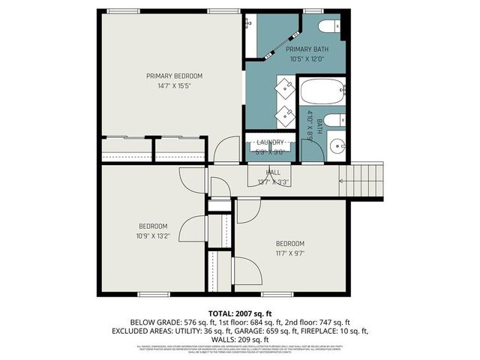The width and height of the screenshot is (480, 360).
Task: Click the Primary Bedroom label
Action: tap(174, 76)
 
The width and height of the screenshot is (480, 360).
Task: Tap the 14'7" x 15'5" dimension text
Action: tap(174, 85)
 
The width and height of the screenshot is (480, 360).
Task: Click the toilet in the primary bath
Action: tap(327, 28)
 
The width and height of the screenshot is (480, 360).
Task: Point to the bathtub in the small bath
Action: tap(322, 94)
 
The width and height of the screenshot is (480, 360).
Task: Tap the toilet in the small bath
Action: tap(337, 120)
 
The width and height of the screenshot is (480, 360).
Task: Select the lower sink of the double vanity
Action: tap(286, 115)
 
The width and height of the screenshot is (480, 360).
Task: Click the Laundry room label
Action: tap(270, 142)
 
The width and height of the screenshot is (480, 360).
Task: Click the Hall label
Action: tap(274, 172)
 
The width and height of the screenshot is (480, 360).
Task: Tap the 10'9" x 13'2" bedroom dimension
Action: tap(153, 235)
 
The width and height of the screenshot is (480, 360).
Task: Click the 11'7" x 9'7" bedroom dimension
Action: tap(289, 253)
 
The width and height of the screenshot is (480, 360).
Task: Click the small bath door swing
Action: tap(313, 149)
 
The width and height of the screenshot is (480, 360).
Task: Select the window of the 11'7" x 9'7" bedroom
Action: tap(272, 292)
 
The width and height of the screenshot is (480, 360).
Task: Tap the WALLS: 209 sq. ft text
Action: tap(240, 338)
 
